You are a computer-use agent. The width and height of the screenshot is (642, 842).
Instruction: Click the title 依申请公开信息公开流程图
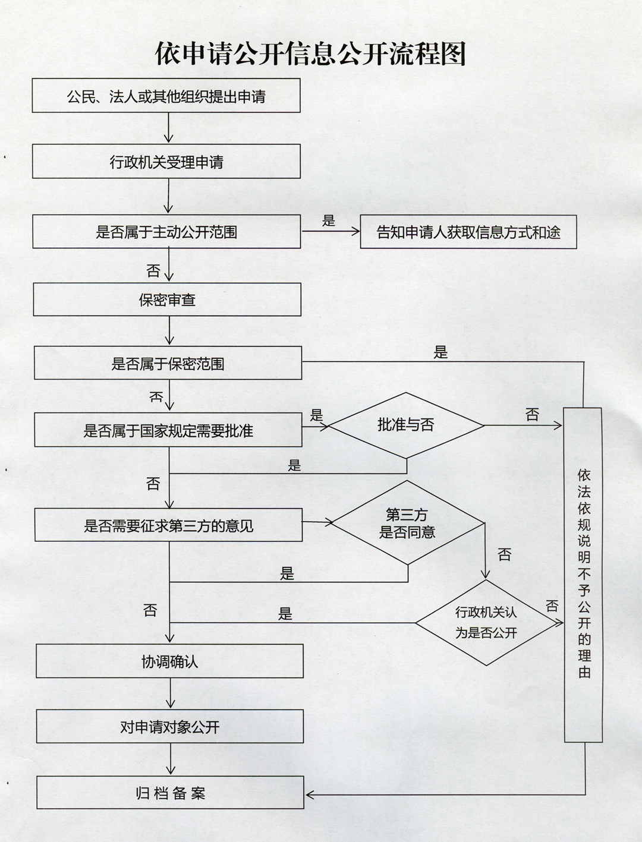tap(310, 53)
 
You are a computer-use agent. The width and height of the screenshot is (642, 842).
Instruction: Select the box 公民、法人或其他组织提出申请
tap(166, 96)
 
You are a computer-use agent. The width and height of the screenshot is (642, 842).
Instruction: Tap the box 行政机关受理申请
tap(166, 161)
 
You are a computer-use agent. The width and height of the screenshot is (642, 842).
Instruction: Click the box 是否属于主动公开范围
tap(166, 231)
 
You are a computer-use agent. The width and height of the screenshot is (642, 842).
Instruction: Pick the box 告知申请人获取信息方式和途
tap(468, 232)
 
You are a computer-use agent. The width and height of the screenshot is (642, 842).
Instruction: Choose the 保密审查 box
tap(167, 299)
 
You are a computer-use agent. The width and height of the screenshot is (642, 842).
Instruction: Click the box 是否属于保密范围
tap(168, 363)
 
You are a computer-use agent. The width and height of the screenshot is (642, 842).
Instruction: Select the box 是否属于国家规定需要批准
tap(168, 430)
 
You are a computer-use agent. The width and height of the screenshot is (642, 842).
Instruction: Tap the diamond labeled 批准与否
tap(406, 425)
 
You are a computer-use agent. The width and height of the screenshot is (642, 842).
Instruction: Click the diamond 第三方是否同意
tap(407, 522)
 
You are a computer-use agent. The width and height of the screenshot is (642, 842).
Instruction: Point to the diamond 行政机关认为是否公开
tap(486, 622)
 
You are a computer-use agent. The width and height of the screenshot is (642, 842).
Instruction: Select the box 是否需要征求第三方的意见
tap(168, 525)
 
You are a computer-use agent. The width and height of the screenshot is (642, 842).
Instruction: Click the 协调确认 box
tap(169, 661)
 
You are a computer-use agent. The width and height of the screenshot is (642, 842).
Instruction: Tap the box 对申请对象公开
tap(170, 726)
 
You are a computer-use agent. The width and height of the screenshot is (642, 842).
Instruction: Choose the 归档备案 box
tap(171, 793)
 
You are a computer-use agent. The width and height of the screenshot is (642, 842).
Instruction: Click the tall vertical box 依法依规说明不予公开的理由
tap(583, 575)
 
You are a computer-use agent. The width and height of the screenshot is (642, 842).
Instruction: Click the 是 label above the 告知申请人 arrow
tap(329, 220)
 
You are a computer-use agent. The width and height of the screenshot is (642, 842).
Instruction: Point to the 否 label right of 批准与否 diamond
tap(532, 414)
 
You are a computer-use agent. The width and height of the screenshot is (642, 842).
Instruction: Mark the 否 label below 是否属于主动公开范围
tap(153, 271)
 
